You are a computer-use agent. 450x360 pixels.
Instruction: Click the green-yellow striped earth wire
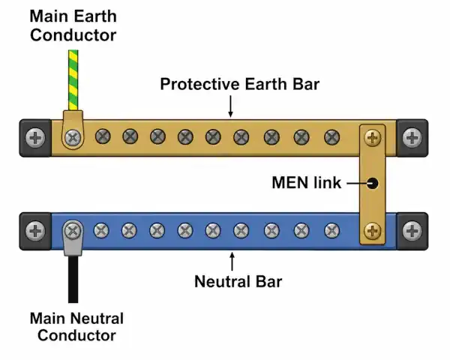point(73,80)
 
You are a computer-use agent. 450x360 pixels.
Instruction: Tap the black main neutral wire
point(73,279)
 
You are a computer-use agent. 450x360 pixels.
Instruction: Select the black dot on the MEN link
point(373,183)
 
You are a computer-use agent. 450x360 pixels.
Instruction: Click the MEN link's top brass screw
point(373,137)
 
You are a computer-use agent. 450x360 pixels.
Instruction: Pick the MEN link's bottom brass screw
point(373,231)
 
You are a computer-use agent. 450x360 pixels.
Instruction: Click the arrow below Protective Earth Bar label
point(230,106)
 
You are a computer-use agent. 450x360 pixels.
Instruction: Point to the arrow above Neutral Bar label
point(232,261)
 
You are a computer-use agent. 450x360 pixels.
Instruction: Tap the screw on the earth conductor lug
point(73,137)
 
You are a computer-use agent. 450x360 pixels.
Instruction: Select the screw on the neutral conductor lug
point(73,230)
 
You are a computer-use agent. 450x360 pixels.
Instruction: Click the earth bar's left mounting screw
point(35,138)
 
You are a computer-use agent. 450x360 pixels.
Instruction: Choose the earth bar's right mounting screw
point(412,138)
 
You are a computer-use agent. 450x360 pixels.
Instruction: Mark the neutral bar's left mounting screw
point(35,231)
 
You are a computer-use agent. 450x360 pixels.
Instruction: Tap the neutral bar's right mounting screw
point(412,231)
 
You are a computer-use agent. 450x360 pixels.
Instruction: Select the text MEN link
point(307,182)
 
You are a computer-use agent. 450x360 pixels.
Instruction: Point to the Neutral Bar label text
point(238,281)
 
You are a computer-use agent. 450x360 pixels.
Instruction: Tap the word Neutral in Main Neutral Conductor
point(97,318)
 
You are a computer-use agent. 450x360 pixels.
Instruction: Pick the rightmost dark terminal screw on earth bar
point(332,137)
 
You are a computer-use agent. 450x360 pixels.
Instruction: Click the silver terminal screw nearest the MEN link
point(331,231)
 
